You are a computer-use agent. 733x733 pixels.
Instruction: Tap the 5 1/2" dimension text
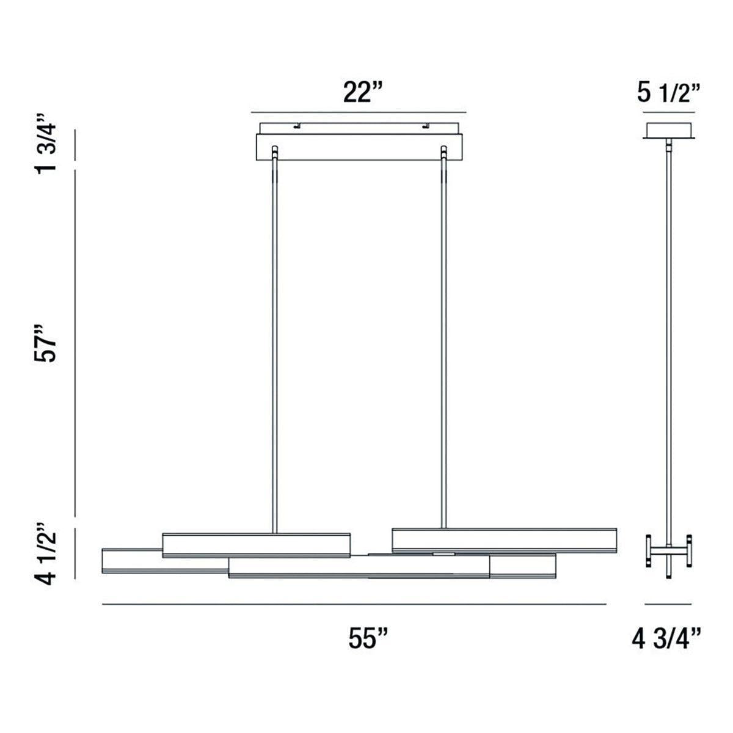(668, 93)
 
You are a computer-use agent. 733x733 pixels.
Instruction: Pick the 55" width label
(369, 639)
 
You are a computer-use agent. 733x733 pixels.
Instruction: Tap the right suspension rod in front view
(443, 342)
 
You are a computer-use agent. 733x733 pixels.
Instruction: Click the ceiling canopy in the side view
(668, 130)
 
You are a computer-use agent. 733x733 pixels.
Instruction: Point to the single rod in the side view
(669, 342)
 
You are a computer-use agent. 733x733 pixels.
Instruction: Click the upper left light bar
(257, 544)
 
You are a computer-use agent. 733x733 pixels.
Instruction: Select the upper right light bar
(504, 540)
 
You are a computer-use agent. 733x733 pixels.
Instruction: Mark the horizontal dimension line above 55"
(354, 604)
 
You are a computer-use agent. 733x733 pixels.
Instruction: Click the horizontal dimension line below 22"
(359, 112)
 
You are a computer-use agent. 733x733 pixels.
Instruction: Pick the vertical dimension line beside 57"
(75, 342)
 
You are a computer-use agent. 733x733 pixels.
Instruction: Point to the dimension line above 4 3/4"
(668, 604)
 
